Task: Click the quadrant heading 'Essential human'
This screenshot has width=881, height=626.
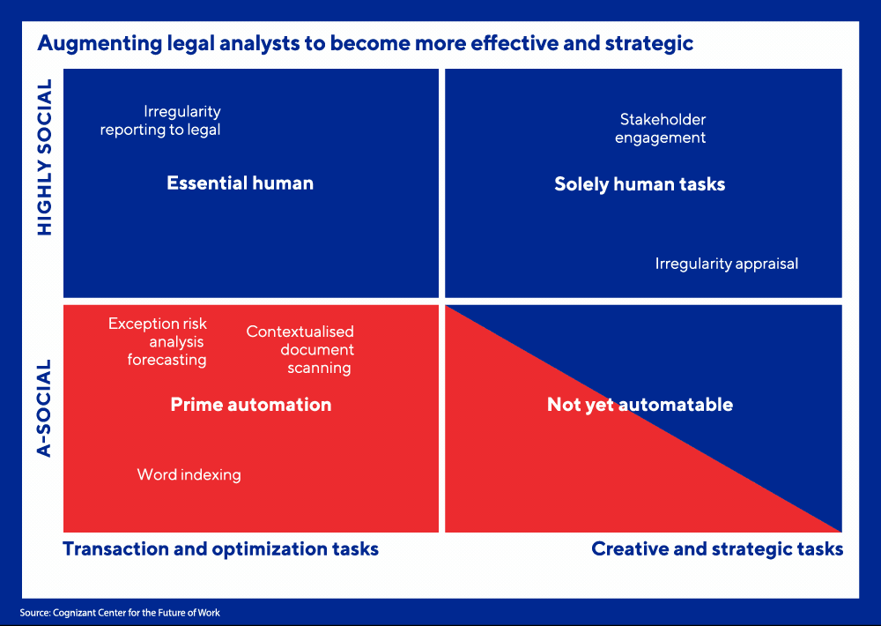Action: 240,183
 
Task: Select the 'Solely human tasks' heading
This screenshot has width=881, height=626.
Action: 640,184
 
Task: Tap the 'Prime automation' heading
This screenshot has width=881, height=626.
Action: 250,405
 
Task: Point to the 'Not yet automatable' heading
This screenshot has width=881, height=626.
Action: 640,405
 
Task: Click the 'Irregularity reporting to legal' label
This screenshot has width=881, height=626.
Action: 160,121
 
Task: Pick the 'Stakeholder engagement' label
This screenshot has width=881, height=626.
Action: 660,129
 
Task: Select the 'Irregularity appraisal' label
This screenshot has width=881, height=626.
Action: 727,264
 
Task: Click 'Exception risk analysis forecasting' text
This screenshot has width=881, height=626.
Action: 158,341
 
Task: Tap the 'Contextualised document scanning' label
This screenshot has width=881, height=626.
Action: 300,349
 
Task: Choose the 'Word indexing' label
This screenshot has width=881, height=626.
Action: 189,474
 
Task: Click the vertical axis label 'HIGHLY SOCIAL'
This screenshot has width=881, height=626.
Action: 44,157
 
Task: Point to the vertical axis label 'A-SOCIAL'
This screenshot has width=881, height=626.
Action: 44,407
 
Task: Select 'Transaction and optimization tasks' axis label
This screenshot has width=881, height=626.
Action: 221,549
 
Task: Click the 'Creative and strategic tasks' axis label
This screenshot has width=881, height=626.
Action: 717,549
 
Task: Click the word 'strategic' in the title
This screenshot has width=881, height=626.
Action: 649,43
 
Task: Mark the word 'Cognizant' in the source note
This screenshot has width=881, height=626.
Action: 74,613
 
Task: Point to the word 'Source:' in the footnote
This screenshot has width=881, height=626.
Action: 35,613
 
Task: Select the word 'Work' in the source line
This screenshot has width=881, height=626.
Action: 209,613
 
